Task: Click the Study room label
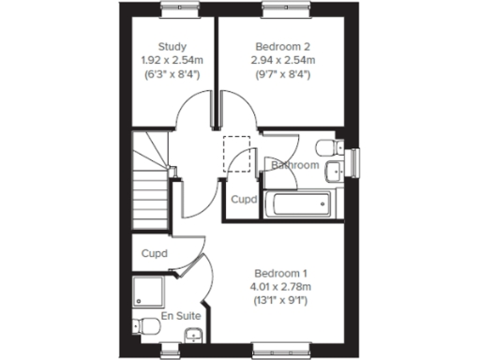click(172, 46)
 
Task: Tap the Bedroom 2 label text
click(282, 46)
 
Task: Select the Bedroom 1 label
click(281, 273)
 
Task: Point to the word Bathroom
click(295, 166)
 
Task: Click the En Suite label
click(181, 317)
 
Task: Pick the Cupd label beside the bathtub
click(244, 200)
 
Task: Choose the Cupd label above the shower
click(155, 254)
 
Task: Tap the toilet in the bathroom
click(327, 148)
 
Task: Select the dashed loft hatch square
click(237, 154)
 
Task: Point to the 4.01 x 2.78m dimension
click(281, 287)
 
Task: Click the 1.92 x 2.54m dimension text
click(172, 60)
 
